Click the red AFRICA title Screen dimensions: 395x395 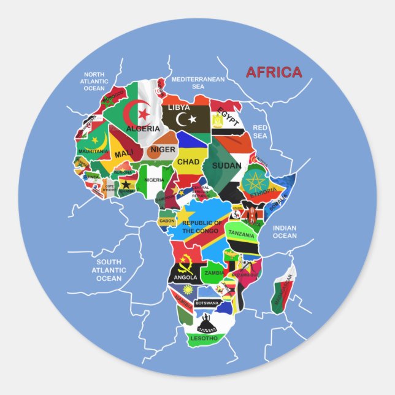point(274,72)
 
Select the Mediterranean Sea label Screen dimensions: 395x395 point(197,83)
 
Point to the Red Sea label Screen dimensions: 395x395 point(260,131)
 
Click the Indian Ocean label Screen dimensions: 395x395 point(285,232)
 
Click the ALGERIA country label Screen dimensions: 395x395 point(142,129)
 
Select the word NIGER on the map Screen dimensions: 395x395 point(163,149)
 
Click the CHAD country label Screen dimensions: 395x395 point(188,162)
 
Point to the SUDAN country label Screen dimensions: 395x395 point(226,165)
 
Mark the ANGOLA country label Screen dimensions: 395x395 point(185,277)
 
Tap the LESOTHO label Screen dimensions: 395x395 point(204,338)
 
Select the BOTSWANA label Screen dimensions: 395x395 point(207,303)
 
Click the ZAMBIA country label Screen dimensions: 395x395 point(215,272)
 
